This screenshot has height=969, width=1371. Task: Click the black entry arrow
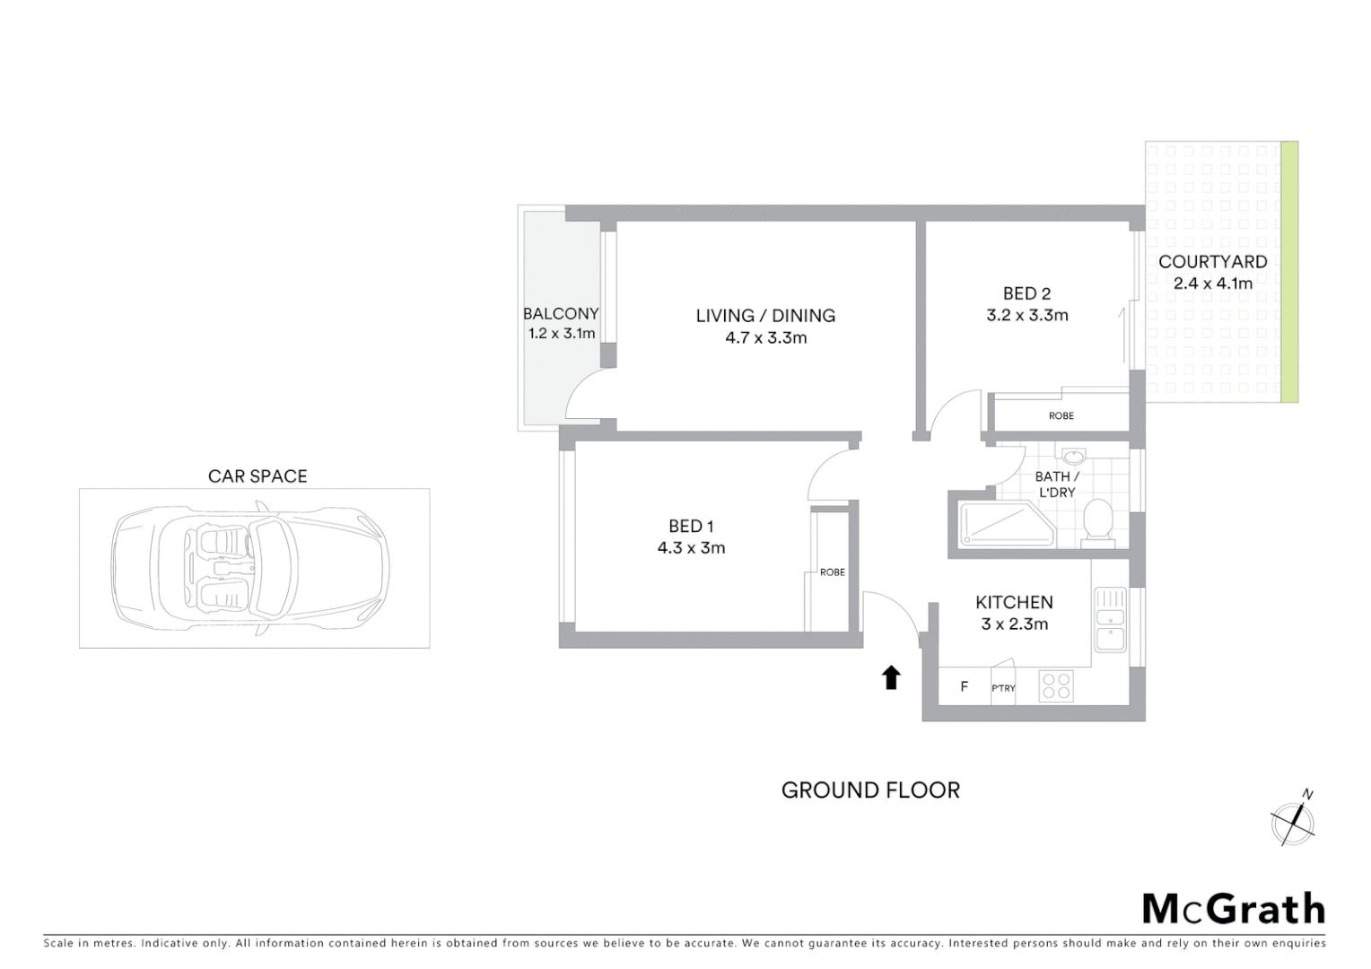(x=891, y=677)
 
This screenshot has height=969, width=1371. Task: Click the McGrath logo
(x=1233, y=908)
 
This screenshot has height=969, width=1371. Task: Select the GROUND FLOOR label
(x=870, y=790)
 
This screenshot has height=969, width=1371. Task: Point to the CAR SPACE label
(x=258, y=476)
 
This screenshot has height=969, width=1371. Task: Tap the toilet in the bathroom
(x=1097, y=524)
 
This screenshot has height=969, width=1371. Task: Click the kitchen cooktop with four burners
(x=1055, y=686)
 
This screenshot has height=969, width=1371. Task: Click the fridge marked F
(x=965, y=687)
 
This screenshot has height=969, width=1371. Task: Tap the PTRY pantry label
(x=1003, y=688)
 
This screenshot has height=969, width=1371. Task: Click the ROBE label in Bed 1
(x=832, y=572)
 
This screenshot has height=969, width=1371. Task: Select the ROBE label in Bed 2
(x=1061, y=415)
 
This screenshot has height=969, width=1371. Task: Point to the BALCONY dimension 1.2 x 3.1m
(x=562, y=334)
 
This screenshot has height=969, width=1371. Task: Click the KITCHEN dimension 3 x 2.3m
(x=1014, y=624)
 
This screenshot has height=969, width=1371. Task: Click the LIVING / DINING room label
(x=765, y=316)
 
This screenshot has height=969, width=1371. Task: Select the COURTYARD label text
(x=1212, y=262)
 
